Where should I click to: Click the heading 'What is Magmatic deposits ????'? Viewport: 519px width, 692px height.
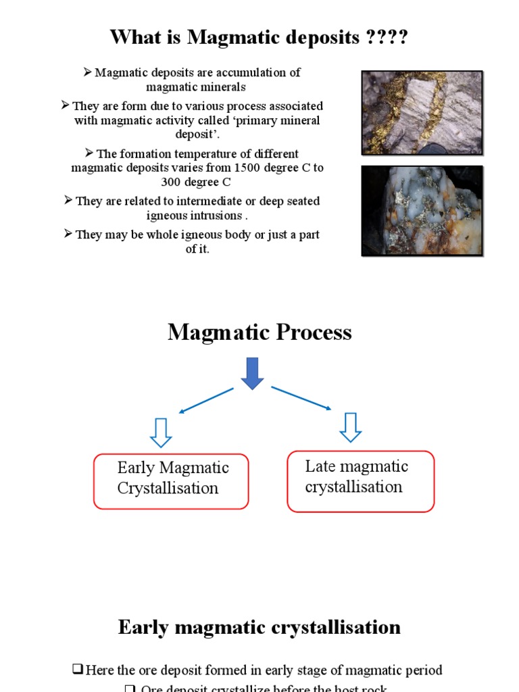coord(259,37)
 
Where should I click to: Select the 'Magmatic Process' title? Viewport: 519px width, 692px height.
coord(259,332)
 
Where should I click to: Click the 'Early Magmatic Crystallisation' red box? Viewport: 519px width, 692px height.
coord(171,481)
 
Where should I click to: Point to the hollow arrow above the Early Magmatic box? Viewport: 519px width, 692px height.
coord(161,432)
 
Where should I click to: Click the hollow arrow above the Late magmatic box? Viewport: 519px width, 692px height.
coord(349,427)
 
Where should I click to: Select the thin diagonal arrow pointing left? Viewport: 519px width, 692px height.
coord(206,400)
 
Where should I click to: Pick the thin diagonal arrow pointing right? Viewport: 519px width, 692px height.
coord(301,398)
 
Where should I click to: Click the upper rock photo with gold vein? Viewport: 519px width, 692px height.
coord(422,112)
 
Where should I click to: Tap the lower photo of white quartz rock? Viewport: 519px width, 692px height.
coord(422,211)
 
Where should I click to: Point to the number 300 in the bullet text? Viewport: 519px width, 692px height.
coord(172,182)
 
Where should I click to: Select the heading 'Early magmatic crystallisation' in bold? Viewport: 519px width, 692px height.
coord(259,627)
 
